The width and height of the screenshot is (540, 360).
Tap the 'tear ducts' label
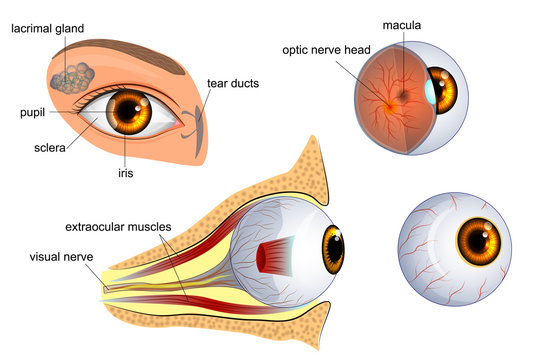pyautogui.click(x=232, y=83)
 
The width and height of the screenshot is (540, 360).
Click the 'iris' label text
pyautogui.click(x=125, y=172)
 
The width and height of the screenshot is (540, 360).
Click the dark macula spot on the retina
pyautogui.click(x=401, y=96)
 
